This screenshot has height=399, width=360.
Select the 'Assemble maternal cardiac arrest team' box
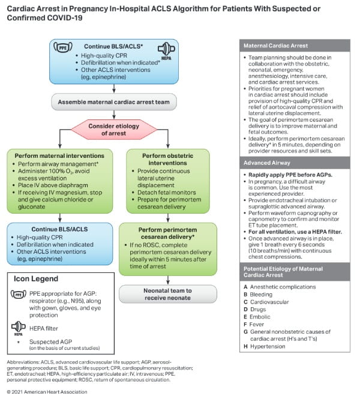114,102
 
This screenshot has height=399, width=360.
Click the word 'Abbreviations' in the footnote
23,362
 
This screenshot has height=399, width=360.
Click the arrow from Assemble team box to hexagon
114,114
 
